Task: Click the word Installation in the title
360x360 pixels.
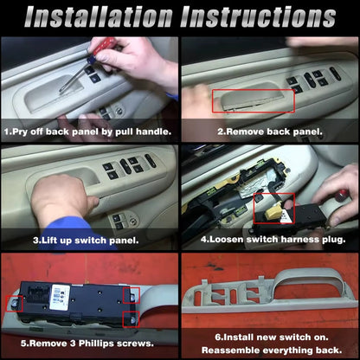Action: [99, 17]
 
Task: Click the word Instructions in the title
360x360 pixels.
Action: [259, 17]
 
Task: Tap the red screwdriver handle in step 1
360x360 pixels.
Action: [105, 45]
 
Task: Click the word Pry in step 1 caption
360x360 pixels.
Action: [20, 132]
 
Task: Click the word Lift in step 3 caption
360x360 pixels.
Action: [48, 240]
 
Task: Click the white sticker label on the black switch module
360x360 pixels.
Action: [60, 297]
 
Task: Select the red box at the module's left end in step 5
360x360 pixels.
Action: [15, 304]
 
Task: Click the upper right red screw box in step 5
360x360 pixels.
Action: [132, 295]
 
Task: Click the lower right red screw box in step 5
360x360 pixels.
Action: [131, 319]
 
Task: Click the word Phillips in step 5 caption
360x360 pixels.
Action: [97, 344]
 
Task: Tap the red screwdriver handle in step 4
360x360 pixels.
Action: [341, 195]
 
